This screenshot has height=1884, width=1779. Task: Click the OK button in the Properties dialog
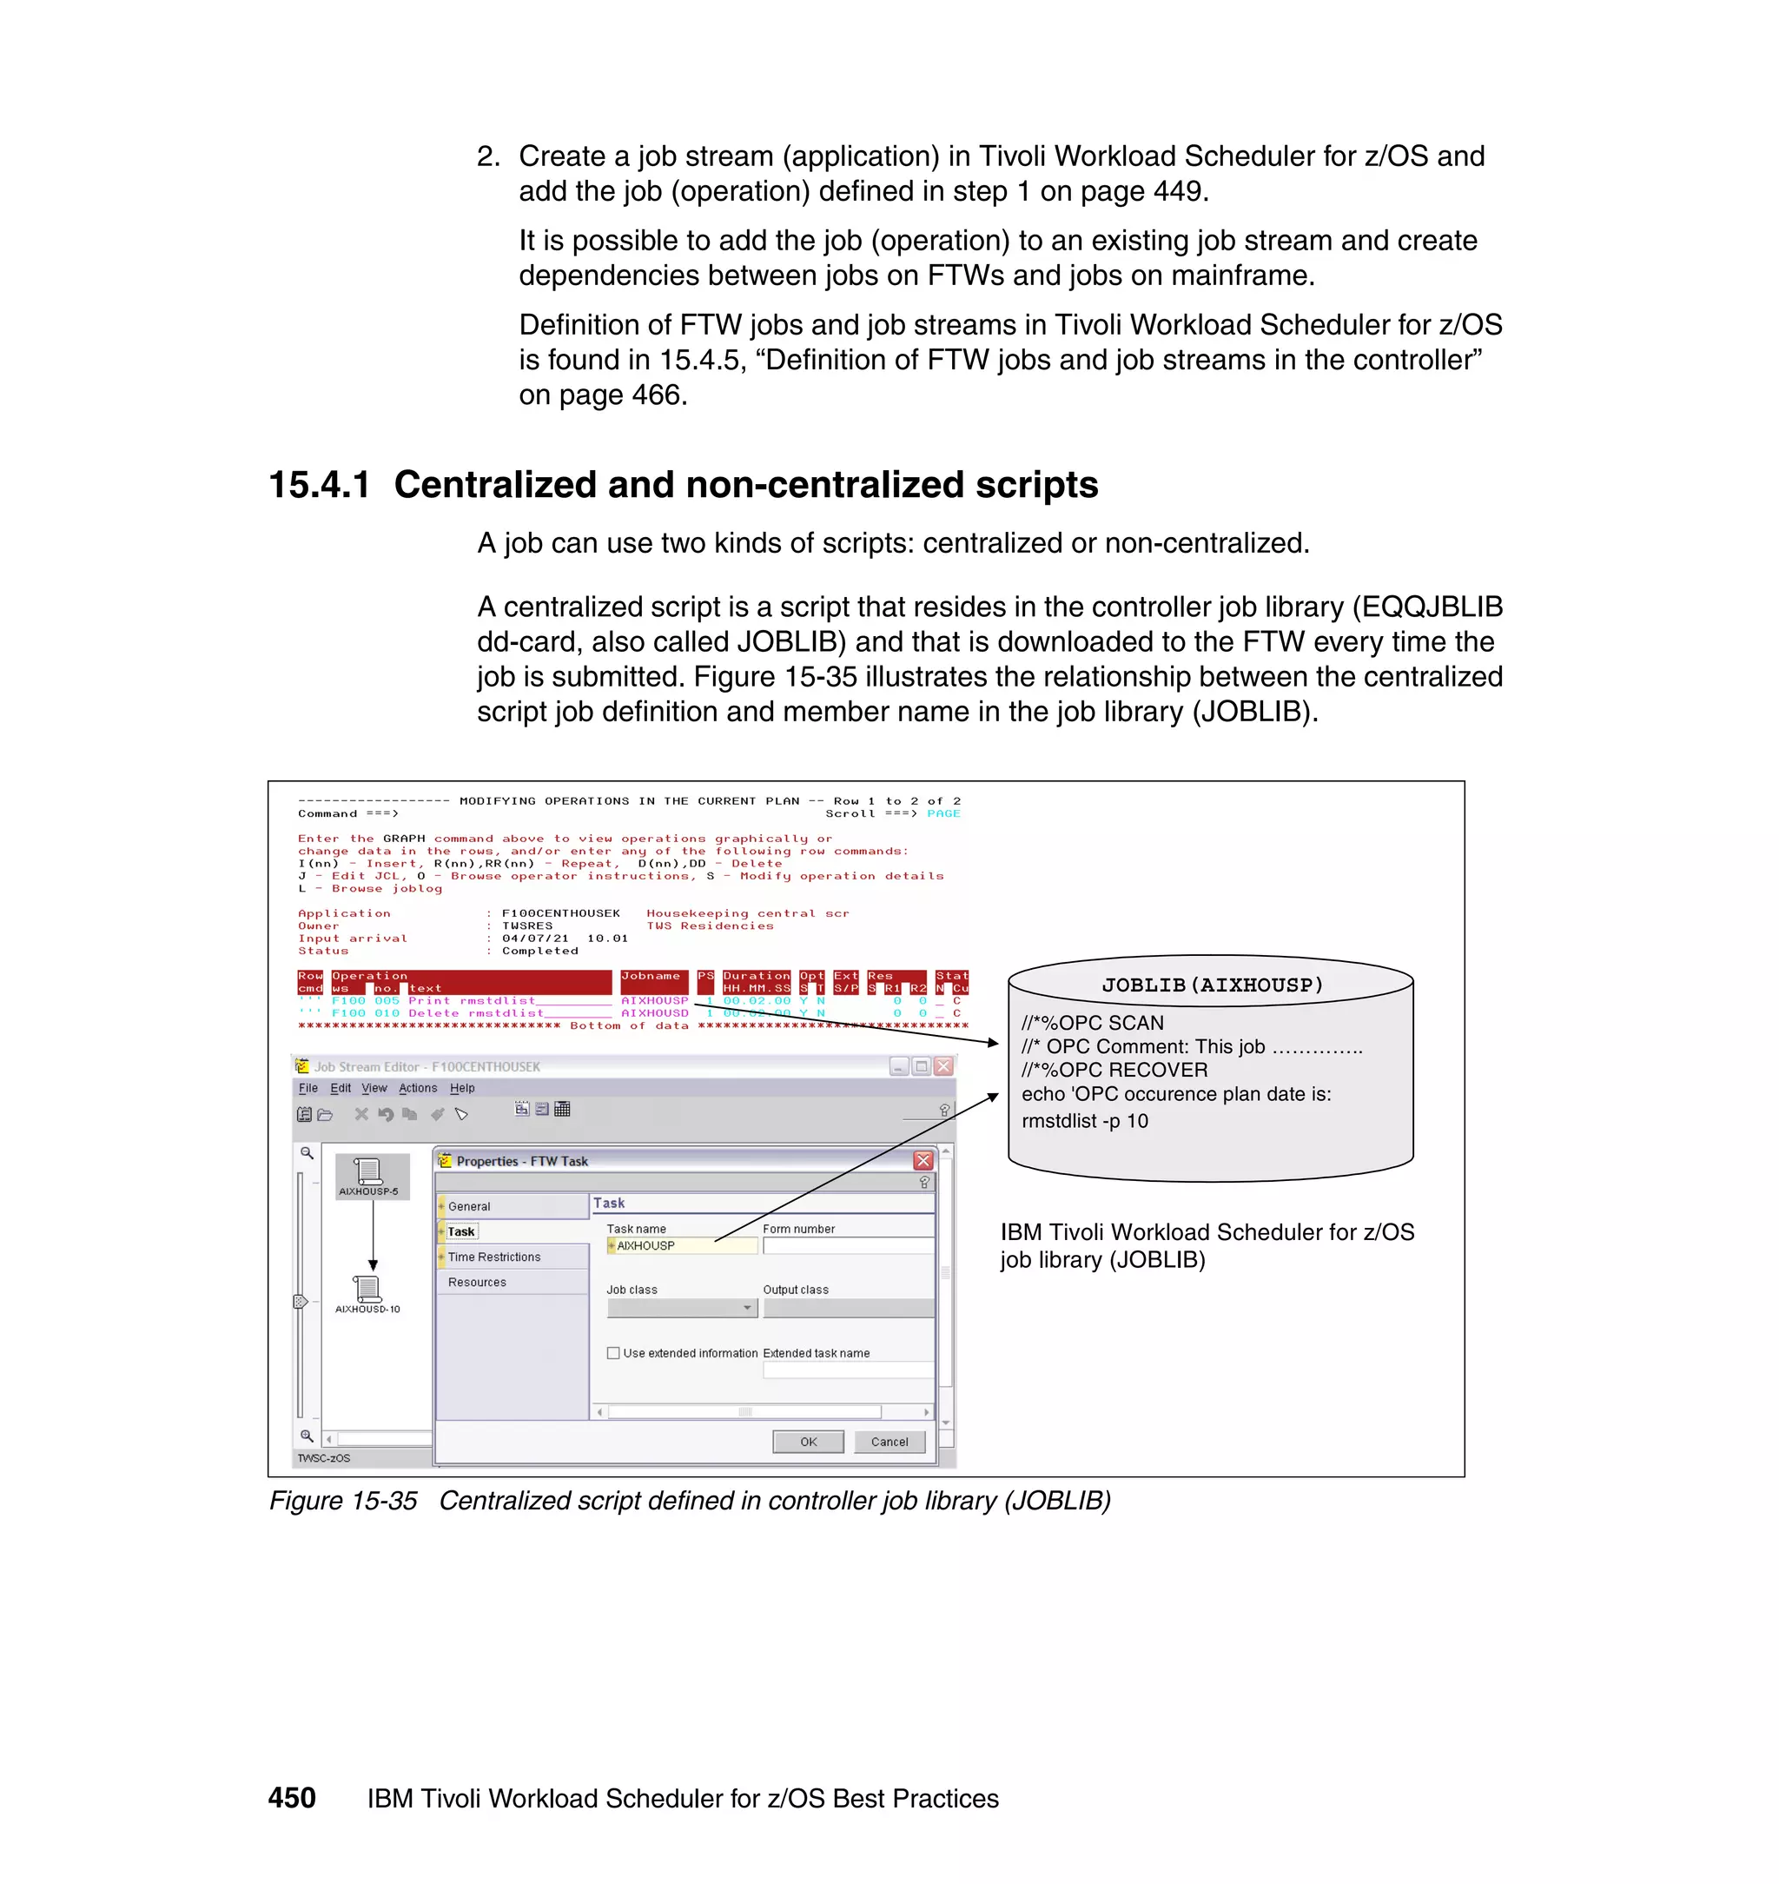tap(807, 1441)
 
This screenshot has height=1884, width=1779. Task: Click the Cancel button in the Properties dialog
tap(889, 1441)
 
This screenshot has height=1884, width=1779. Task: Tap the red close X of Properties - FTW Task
tap(923, 1160)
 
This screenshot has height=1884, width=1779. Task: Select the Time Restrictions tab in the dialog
tap(494, 1257)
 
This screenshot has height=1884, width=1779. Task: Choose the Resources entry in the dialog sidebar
tap(477, 1282)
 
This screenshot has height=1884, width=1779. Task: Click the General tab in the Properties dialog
tap(469, 1207)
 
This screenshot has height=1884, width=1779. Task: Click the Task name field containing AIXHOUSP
tap(683, 1245)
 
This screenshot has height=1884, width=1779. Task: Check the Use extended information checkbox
tap(613, 1353)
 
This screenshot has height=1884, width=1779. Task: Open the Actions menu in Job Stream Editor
tap(417, 1088)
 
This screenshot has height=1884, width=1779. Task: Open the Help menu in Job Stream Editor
tap(462, 1088)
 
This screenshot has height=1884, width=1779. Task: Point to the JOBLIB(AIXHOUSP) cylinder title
tap(1211, 985)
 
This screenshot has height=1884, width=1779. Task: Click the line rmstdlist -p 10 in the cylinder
tap(1084, 1120)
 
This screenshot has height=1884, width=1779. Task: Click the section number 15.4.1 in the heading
tap(319, 485)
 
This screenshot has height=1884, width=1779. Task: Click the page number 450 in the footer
tap(291, 1798)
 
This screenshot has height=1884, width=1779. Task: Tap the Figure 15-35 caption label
tap(342, 1501)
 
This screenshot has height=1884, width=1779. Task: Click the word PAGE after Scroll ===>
tap(942, 813)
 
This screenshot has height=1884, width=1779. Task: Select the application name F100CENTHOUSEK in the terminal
tap(560, 912)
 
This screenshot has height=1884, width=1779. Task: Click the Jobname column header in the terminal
tap(651, 975)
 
